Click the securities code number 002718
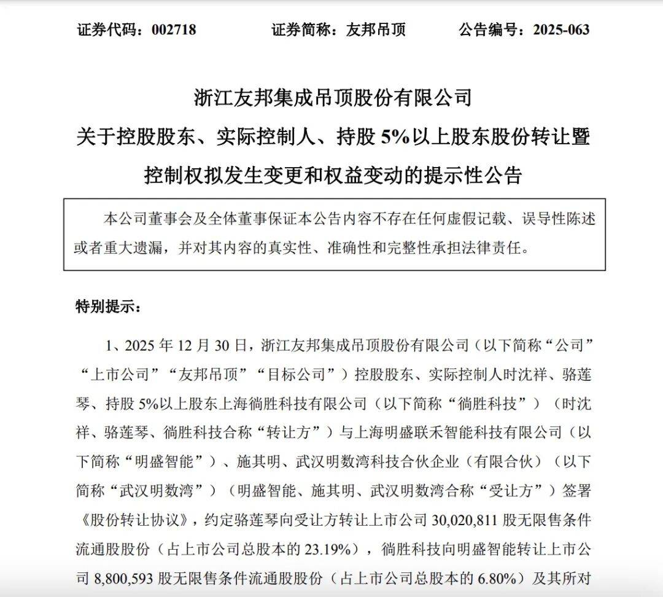[x=173, y=29]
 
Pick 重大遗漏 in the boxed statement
[x=129, y=248]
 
